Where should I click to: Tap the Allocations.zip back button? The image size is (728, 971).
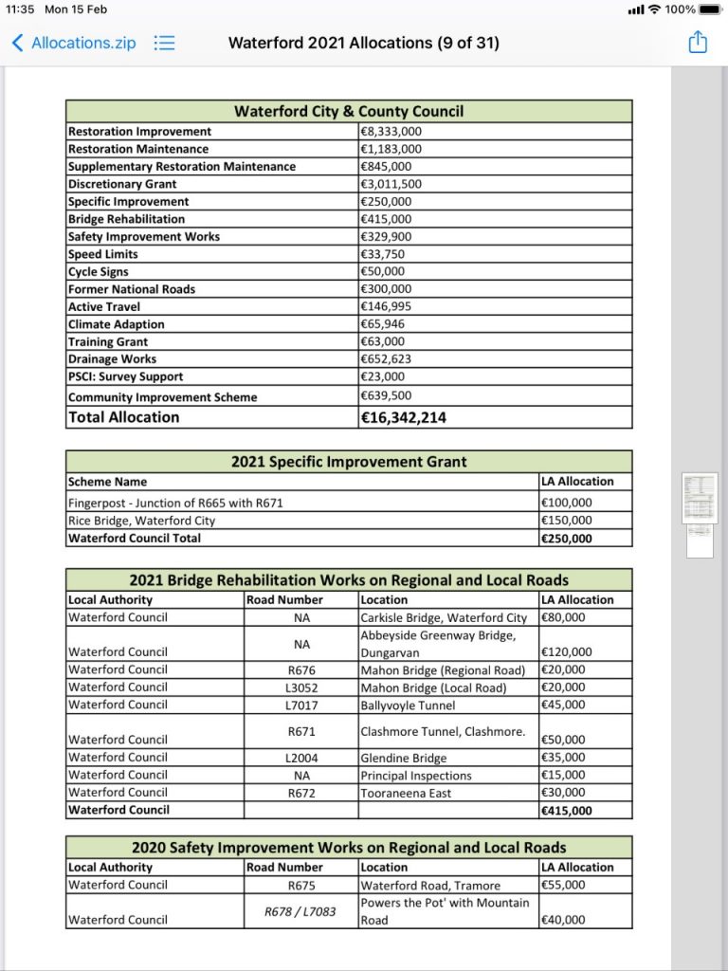[74, 43]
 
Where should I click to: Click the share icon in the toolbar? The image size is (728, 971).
[698, 43]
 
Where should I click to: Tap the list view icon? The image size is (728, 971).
[165, 43]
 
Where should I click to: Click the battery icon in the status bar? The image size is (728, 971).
[710, 9]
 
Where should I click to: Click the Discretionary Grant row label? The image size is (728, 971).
[122, 184]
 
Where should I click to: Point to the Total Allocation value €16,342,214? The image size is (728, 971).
[404, 417]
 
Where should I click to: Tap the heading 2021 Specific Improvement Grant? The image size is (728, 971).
[349, 462]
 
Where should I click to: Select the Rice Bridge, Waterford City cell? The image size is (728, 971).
[141, 521]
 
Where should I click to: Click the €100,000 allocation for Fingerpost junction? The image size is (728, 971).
[566, 503]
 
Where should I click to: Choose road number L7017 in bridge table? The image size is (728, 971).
[301, 705]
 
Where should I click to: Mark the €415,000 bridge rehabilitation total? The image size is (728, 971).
[566, 811]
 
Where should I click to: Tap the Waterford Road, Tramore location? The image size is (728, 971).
[430, 885]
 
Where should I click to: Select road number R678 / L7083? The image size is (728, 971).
[301, 911]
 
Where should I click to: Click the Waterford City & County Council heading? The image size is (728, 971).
[349, 111]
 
